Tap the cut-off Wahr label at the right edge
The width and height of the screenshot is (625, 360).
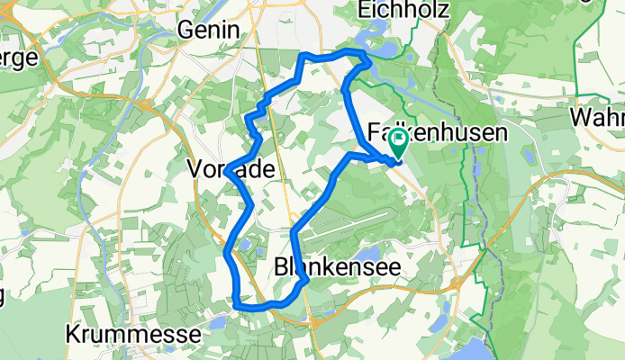(597, 118)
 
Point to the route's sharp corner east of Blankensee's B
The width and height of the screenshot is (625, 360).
(307, 280)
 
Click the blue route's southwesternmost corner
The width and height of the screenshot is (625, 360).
(237, 303)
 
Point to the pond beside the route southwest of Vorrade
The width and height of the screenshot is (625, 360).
(243, 244)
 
